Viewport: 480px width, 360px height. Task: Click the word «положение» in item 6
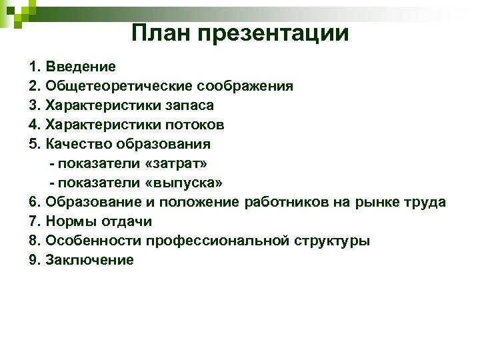tap(203, 202)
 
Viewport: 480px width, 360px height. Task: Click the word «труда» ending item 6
tap(427, 202)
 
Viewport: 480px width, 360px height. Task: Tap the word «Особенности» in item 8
tap(93, 241)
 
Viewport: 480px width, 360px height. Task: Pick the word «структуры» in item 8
tap(333, 241)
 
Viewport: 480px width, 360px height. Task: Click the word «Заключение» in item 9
tap(89, 260)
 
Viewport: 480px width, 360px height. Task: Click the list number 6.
tap(35, 202)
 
